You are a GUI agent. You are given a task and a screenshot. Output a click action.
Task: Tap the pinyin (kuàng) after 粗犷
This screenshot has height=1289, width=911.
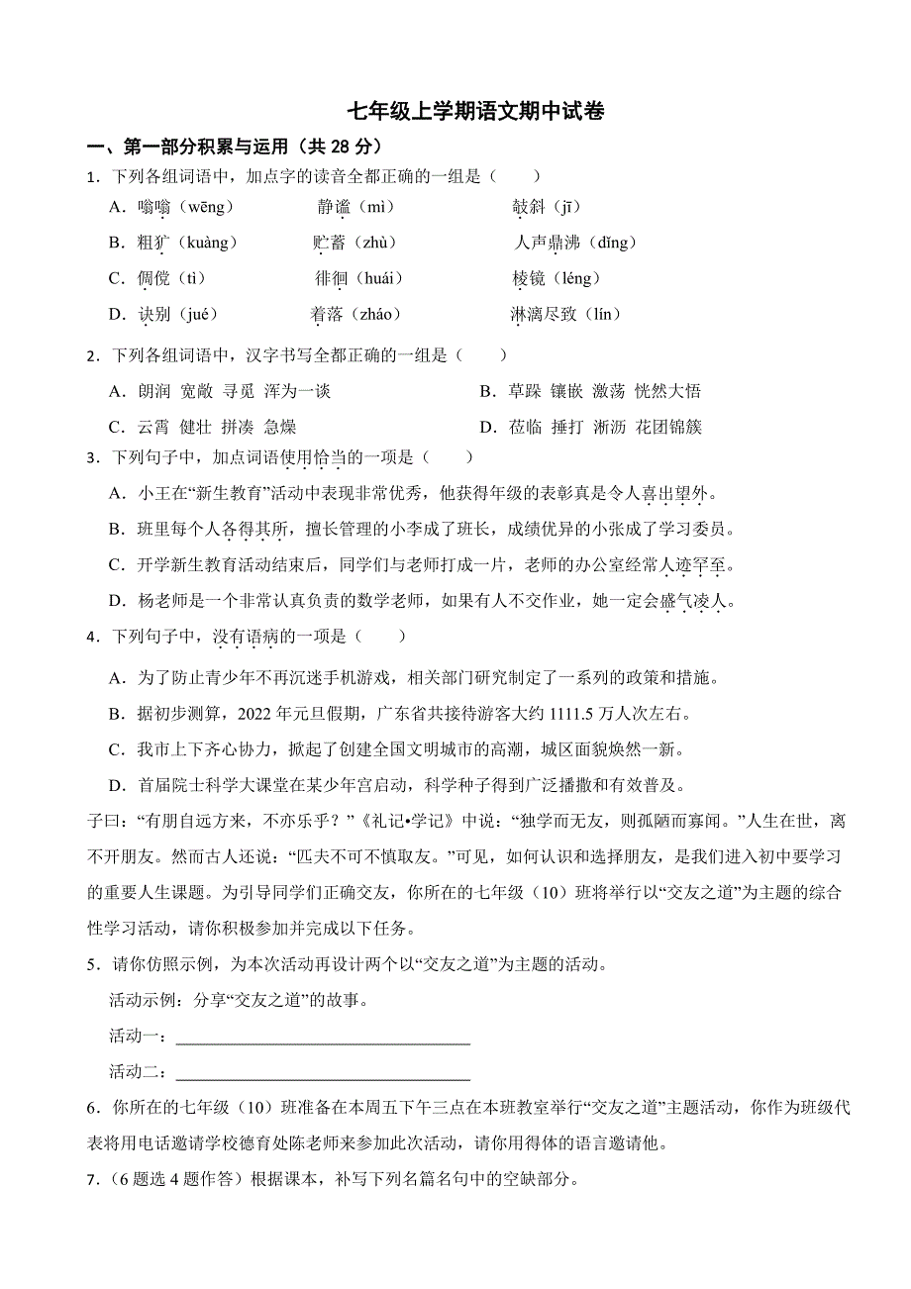click(x=206, y=243)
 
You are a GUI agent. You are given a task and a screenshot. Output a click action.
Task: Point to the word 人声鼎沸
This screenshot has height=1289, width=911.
click(x=548, y=243)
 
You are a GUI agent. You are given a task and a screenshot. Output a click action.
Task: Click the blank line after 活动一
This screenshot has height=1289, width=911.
click(x=322, y=1039)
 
